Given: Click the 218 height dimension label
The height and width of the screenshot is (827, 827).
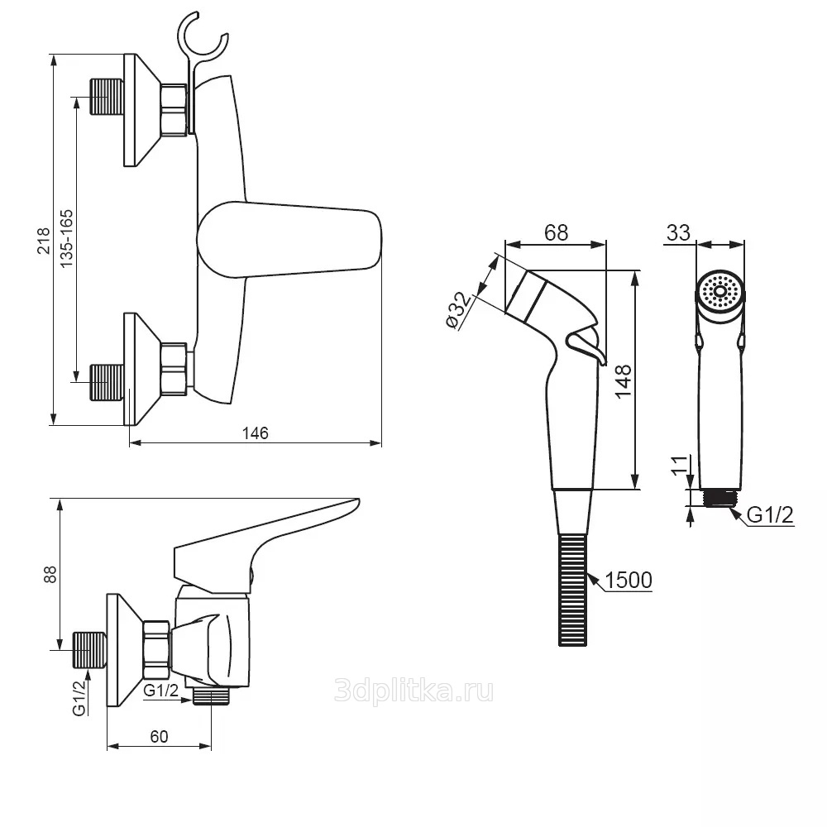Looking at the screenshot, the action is click(x=44, y=241).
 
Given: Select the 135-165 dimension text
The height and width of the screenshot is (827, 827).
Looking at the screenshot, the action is click(x=67, y=239).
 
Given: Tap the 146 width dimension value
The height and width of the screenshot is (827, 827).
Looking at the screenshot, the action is click(x=256, y=433).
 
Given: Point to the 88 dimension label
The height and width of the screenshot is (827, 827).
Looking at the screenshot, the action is click(x=50, y=575).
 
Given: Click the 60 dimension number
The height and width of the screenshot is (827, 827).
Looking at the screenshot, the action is click(x=160, y=736).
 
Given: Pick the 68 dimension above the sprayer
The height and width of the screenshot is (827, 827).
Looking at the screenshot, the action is click(x=556, y=232).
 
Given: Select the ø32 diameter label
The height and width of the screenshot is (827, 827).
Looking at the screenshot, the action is click(x=458, y=311).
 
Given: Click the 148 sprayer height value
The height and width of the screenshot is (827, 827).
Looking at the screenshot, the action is click(x=623, y=381).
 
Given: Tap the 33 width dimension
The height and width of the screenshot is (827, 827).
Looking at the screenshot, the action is click(x=678, y=232).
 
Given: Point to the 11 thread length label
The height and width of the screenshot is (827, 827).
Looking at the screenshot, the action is click(x=680, y=465).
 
